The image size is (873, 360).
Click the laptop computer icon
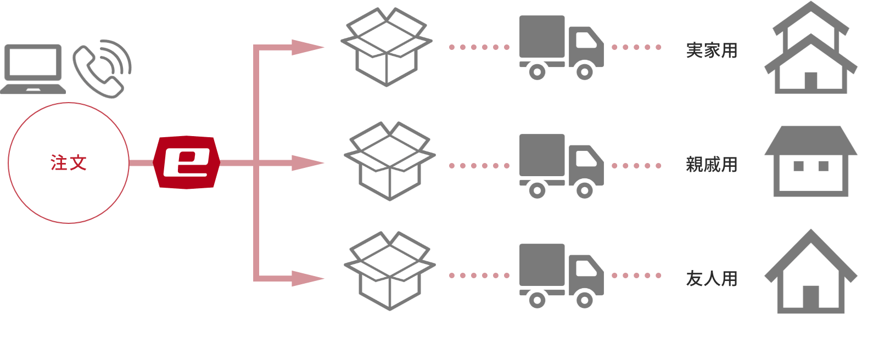click(33, 69)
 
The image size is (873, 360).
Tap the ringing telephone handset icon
click(102, 69)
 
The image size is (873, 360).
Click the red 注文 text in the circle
click(69, 163)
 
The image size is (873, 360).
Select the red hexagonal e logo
click(187, 162)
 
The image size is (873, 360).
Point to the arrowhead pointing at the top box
click(307, 48)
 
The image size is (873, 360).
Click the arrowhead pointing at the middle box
click(307, 163)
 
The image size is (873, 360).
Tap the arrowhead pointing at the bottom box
click(307, 278)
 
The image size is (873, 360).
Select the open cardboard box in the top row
click(387, 47)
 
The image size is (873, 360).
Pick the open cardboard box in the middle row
click(389, 161)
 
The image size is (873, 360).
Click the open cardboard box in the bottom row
click(389, 271)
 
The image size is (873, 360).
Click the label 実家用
click(712, 50)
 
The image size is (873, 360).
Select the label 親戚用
click(712, 165)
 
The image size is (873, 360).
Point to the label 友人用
click(712, 279)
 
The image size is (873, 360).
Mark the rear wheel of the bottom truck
click(537, 300)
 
